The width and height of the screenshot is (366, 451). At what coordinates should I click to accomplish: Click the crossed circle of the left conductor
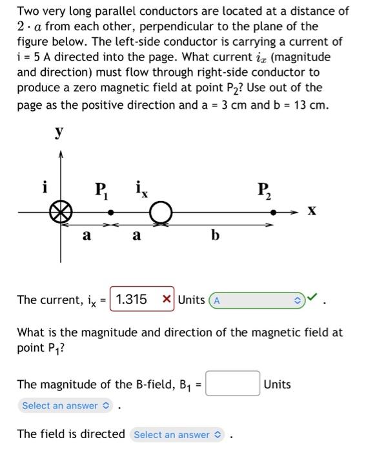(x=61, y=211)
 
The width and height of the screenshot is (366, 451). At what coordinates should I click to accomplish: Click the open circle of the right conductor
(x=161, y=211)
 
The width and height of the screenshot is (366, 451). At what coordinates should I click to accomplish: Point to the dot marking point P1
(x=111, y=211)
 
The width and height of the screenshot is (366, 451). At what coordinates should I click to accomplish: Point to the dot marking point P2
(x=272, y=211)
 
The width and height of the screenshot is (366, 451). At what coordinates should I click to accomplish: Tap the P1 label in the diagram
(x=102, y=191)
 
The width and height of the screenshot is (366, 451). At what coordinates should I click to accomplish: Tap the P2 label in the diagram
(x=264, y=191)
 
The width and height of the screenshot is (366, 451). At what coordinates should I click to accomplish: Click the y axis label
(x=59, y=132)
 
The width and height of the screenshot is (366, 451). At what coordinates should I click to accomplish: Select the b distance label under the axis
(x=216, y=236)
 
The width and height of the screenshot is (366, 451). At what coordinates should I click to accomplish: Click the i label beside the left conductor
(x=44, y=187)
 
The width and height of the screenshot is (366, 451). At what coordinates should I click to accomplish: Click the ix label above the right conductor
(x=142, y=189)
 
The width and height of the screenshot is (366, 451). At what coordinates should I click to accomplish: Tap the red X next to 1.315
(x=166, y=300)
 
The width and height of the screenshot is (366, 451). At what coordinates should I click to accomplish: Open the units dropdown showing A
(x=258, y=300)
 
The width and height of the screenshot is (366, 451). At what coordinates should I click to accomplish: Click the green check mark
(x=312, y=298)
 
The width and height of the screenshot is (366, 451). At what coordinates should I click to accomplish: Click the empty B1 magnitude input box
(x=233, y=384)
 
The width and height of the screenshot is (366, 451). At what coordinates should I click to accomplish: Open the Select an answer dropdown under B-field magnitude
(x=66, y=405)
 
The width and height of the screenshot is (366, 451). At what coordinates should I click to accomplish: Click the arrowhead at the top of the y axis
(x=61, y=154)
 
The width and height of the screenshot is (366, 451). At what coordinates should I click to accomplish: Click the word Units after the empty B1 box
(x=278, y=385)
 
